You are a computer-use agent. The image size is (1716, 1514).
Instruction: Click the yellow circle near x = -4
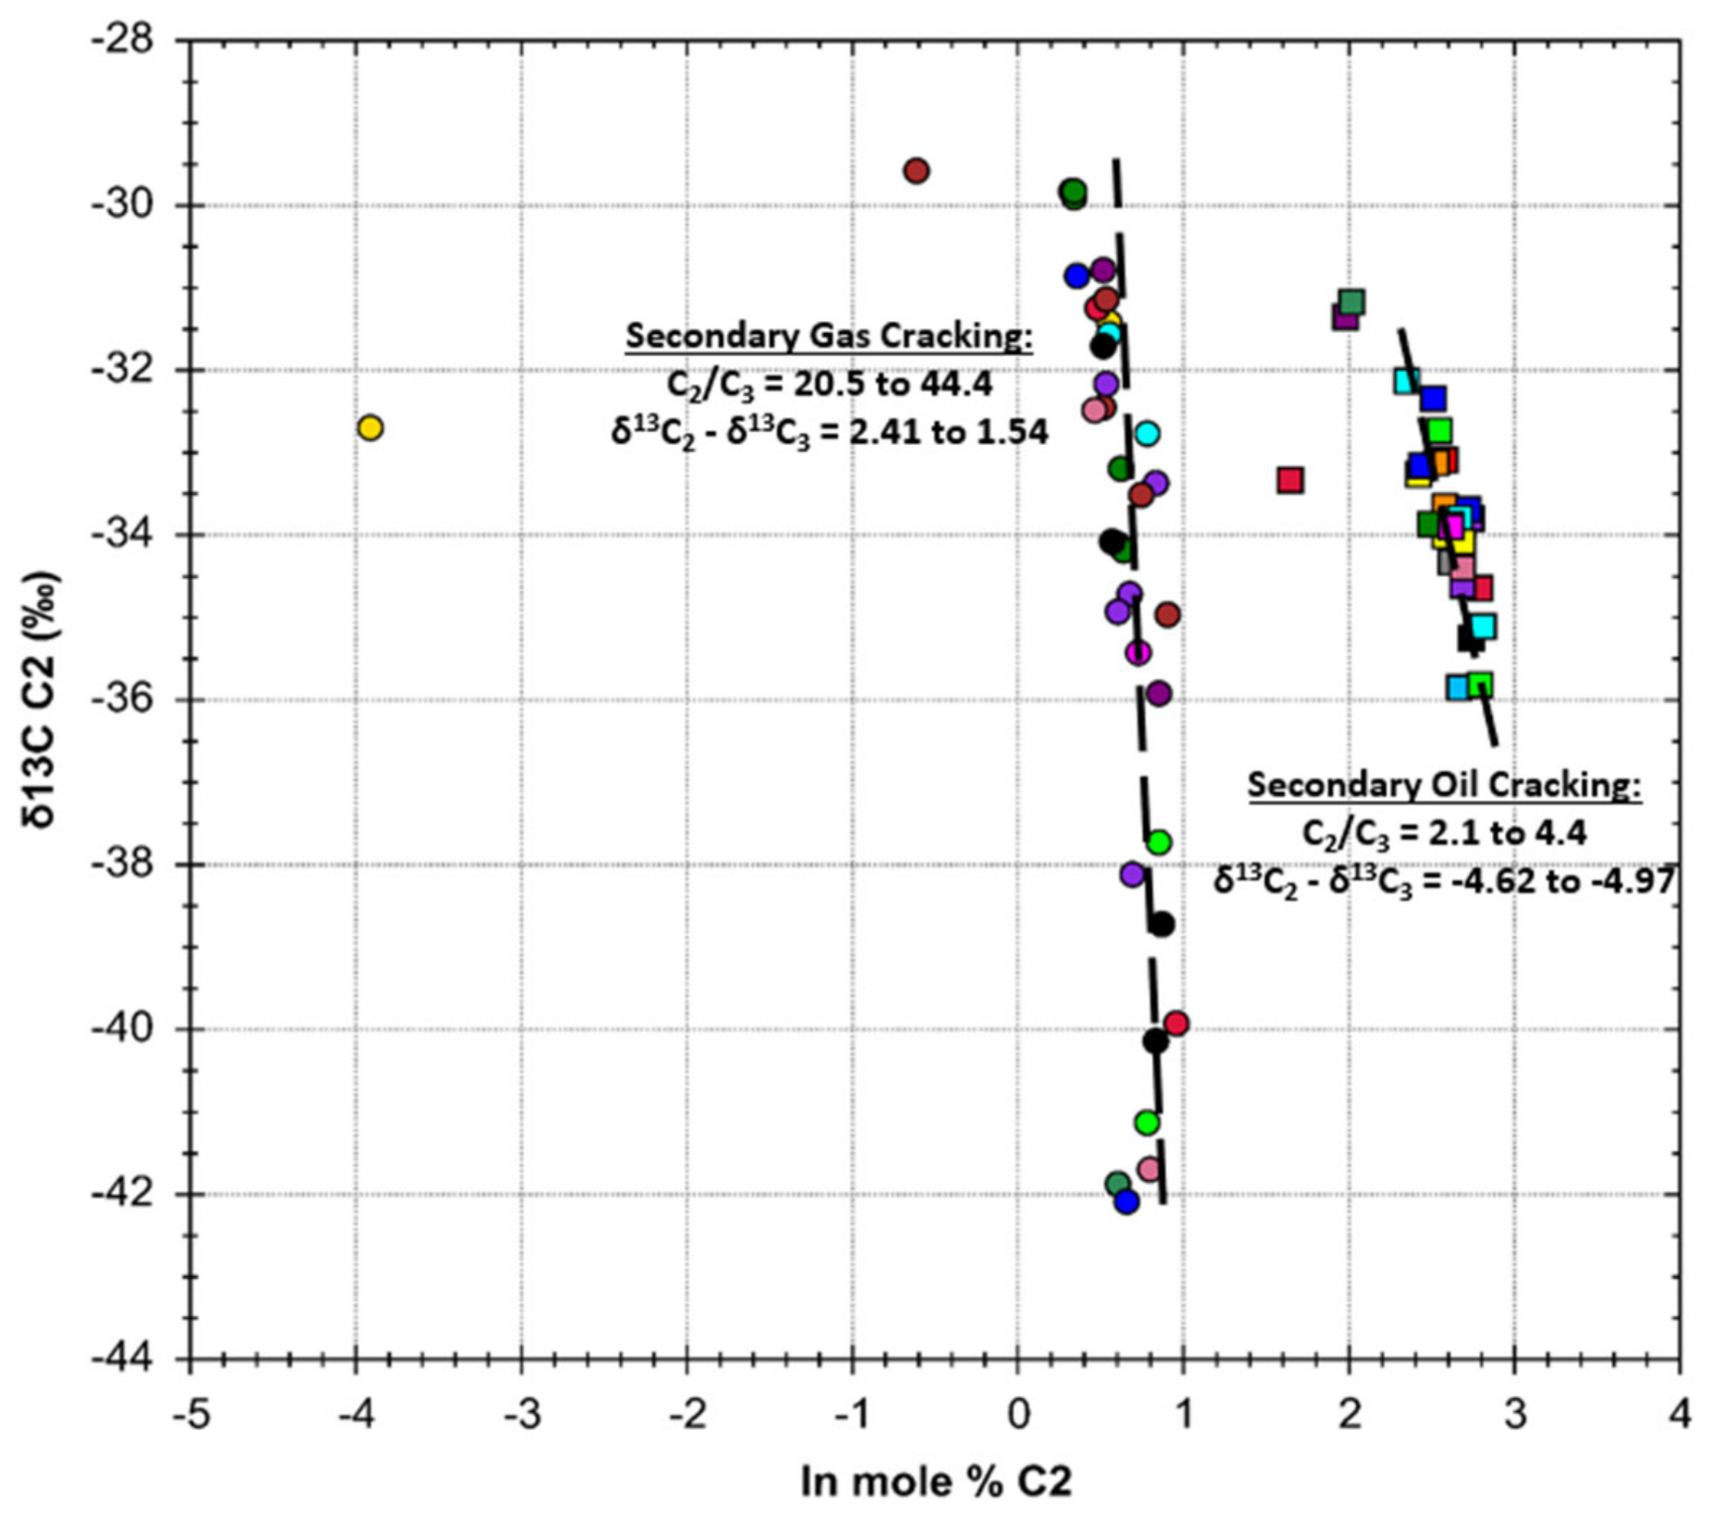click(x=369, y=428)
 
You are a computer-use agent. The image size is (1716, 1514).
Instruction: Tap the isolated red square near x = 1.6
click(x=1290, y=480)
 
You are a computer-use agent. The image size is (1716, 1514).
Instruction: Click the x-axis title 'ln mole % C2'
click(x=935, y=1480)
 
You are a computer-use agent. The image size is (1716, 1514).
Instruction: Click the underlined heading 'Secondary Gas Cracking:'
click(x=828, y=336)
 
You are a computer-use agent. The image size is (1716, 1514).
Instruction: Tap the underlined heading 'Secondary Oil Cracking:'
click(x=1444, y=785)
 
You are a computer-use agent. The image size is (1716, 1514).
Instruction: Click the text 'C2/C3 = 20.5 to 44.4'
click(x=828, y=384)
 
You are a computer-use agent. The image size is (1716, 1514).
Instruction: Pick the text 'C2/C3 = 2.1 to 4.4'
click(x=1444, y=834)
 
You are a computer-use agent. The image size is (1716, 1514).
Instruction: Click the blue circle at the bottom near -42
click(x=1126, y=1201)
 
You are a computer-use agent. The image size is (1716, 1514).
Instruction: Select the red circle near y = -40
click(x=1177, y=1023)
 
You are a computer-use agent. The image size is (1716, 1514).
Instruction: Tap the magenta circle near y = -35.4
click(x=1138, y=653)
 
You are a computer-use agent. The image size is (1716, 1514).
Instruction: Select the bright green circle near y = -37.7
click(x=1159, y=842)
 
